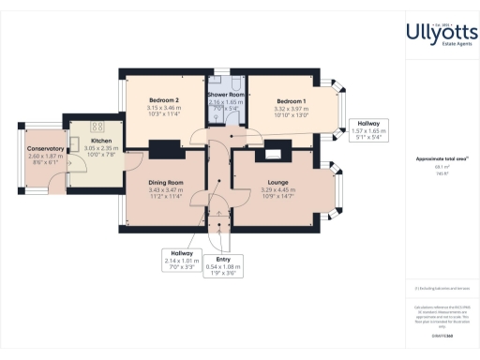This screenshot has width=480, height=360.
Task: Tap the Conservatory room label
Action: coord(45,148)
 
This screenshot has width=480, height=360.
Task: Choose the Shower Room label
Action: coord(225,94)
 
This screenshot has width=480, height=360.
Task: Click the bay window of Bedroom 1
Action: coord(339,110)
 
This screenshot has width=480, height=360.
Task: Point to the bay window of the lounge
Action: coord(340,192)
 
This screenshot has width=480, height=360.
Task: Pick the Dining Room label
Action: coord(165,183)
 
